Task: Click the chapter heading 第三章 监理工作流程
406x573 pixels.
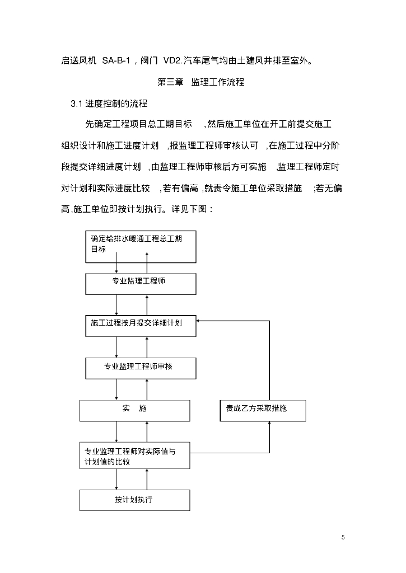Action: [201, 82]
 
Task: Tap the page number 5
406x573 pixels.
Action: [343, 537]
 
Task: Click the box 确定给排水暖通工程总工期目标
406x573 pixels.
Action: [141, 246]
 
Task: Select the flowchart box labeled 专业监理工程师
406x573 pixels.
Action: [141, 283]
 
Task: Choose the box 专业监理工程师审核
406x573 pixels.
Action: [141, 367]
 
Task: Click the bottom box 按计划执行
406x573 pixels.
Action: [134, 499]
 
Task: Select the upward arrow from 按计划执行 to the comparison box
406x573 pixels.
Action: [147, 479]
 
